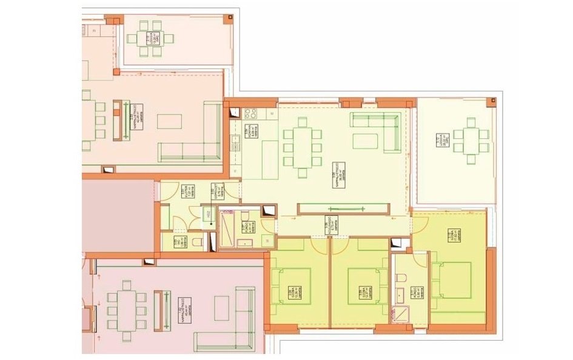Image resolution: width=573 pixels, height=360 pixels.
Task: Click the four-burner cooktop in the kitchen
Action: [251, 113]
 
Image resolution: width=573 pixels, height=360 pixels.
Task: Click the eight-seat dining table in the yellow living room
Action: [301, 147]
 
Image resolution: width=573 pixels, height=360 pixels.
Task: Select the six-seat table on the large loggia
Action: [469, 140]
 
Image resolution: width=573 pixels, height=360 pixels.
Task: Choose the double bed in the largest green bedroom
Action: [452, 280]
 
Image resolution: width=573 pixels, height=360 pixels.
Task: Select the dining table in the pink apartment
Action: [127, 308]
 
